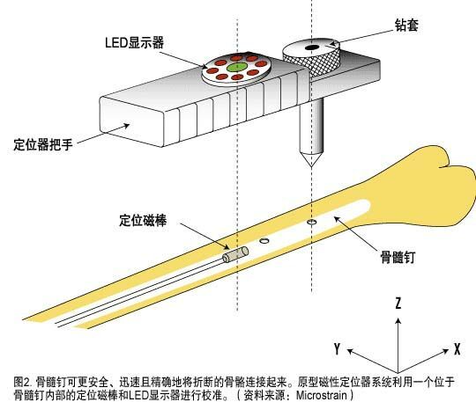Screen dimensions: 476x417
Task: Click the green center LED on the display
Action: coord(237,67)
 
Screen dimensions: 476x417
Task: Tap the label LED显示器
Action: coord(134,42)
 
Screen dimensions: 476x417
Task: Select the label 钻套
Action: coord(406,25)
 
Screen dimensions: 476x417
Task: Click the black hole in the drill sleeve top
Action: coord(312,48)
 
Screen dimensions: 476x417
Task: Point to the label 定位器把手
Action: coord(43,144)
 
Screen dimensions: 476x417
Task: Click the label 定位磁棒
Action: coord(143,220)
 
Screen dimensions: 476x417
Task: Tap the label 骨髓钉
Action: coord(398,257)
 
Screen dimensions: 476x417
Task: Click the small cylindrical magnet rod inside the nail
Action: coord(235,254)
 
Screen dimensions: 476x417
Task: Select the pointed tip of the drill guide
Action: coord(311,166)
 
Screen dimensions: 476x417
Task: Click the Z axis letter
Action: coord(398,303)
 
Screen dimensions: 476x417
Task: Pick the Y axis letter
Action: coord(337,348)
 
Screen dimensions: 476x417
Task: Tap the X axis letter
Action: coord(457,349)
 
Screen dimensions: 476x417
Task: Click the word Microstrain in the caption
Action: coord(321,395)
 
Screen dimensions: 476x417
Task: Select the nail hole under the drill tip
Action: coord(311,222)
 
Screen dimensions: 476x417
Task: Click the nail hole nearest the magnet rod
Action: coord(264,241)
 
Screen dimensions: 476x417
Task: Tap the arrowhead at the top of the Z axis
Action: coord(398,320)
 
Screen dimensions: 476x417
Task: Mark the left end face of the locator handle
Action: coord(131,121)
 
